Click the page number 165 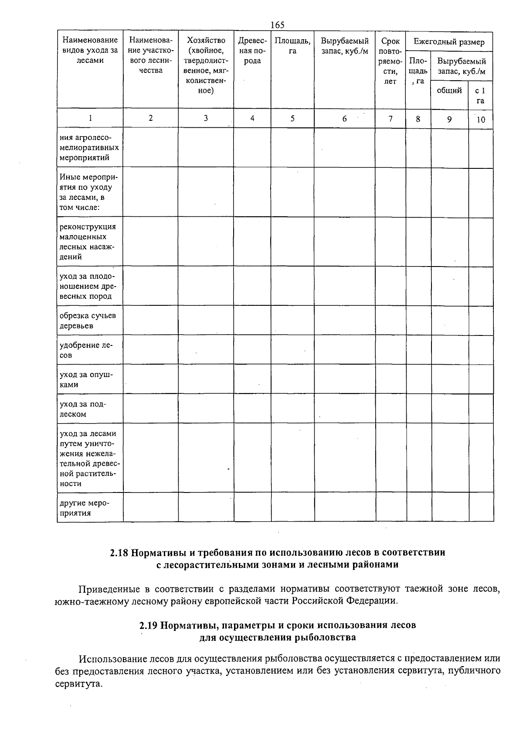tap(277, 25)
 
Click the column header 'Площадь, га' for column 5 tap(292, 46)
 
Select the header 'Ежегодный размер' tap(449, 42)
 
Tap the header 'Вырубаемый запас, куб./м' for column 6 tap(344, 46)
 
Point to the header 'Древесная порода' tap(252, 51)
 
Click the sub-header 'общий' tap(449, 90)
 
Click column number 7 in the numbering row tap(391, 118)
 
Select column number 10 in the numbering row tap(481, 120)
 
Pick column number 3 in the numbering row tap(206, 118)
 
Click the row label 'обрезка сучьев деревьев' tap(88, 321)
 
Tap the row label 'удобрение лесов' tap(86, 350)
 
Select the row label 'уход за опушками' tap(86, 379)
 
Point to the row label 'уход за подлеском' tap(83, 409)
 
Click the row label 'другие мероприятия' tap(85, 508)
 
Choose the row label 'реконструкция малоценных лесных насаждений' tap(88, 242)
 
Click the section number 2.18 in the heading tap(119, 553)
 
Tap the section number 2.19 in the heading tap(148, 625)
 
